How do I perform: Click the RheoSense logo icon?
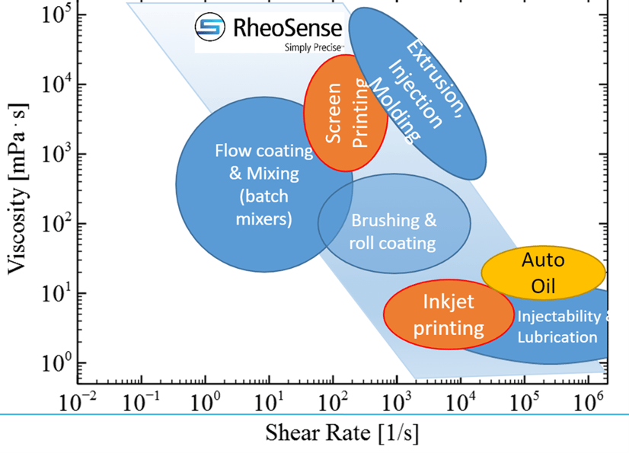point(211,28)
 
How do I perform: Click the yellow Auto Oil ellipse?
point(543,272)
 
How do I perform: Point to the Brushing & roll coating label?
point(393,231)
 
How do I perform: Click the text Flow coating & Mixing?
point(263,161)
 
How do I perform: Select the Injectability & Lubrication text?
point(558,326)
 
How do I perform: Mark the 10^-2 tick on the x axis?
point(78,400)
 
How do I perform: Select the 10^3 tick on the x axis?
point(396,400)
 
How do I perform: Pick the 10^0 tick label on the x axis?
point(206,400)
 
